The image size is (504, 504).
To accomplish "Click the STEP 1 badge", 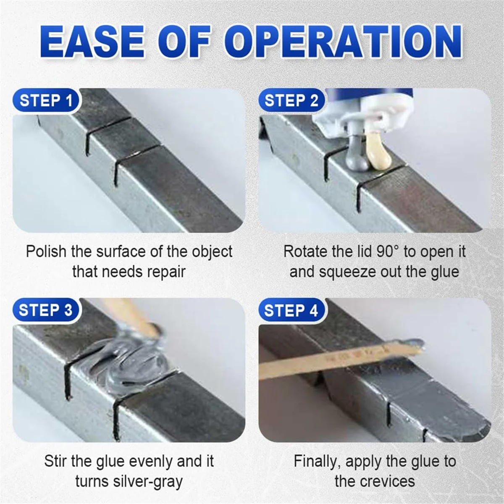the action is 46,101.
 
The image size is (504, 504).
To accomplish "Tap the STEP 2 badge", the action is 291,101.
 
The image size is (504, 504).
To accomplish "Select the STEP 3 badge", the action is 46,310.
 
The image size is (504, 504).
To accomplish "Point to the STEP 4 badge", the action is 291,310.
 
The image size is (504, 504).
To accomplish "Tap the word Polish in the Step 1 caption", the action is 46,252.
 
